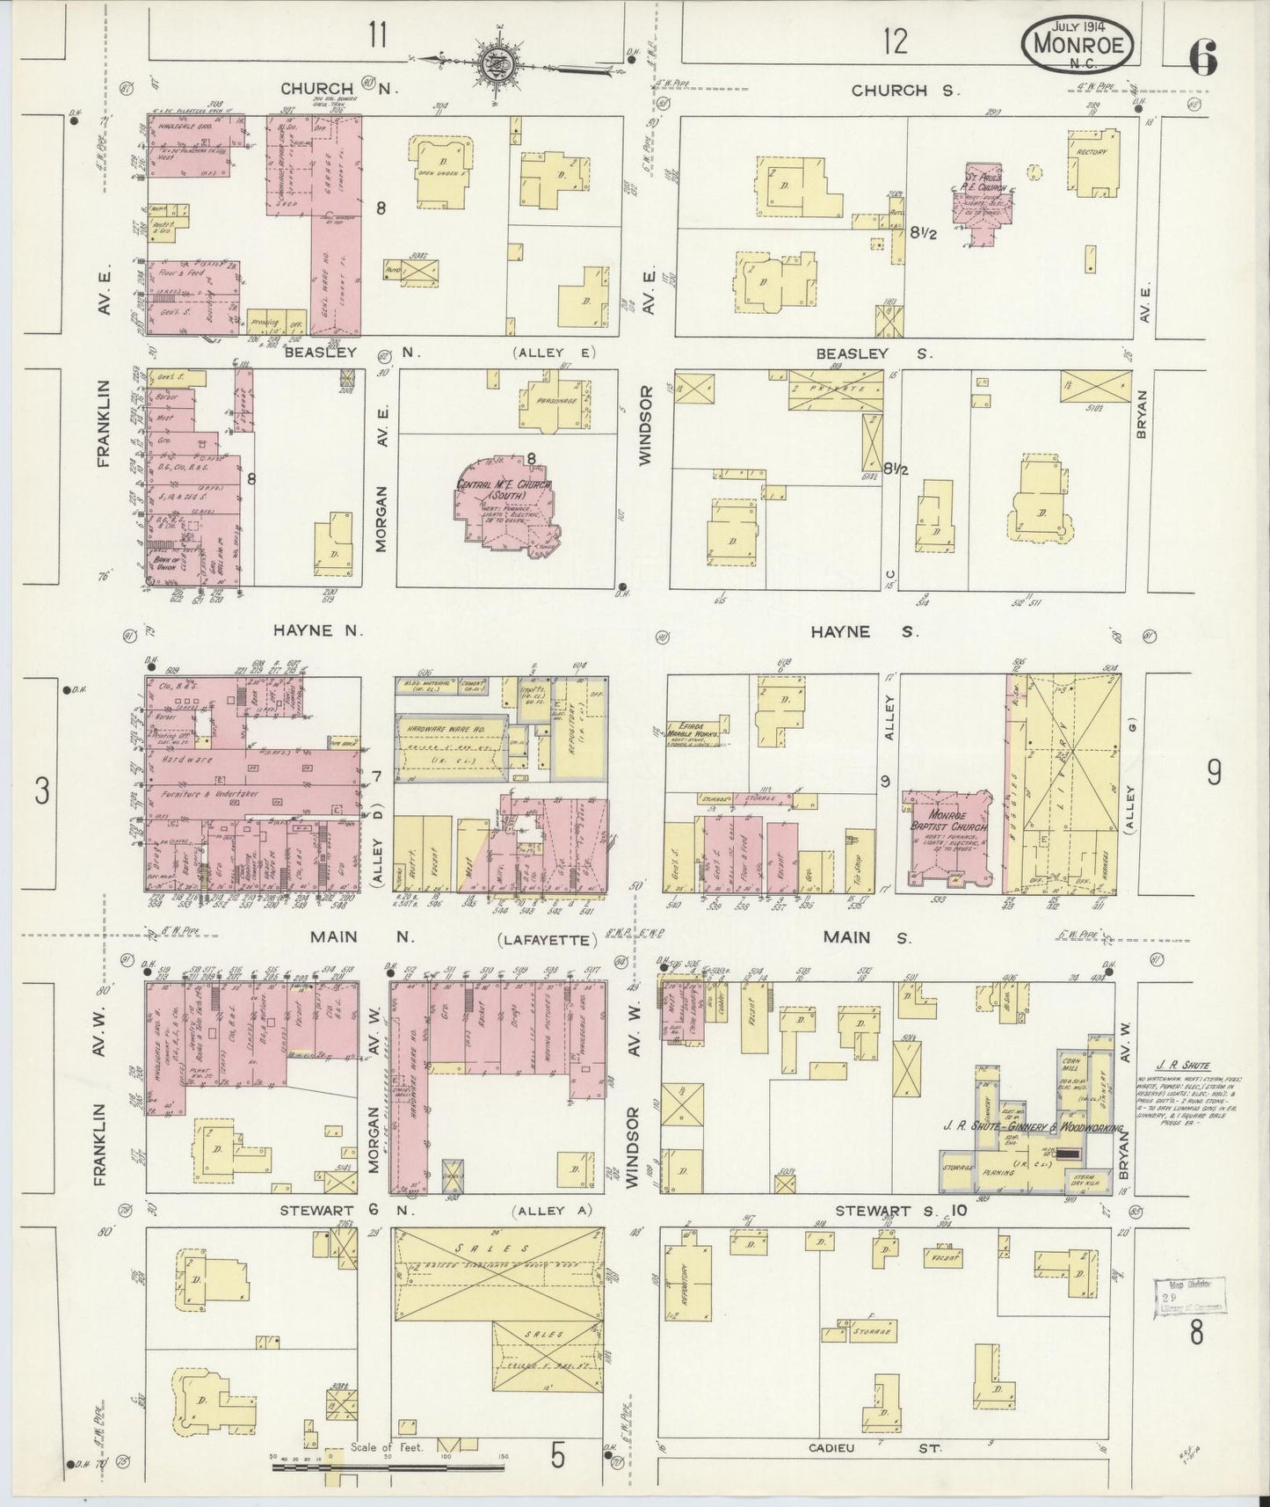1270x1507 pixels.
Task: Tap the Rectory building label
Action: pyautogui.click(x=1091, y=152)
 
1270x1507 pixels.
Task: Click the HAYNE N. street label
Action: pyautogui.click(x=317, y=630)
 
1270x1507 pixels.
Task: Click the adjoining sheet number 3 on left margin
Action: pyautogui.click(x=40, y=791)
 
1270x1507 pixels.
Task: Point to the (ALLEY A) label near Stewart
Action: pyautogui.click(x=548, y=1210)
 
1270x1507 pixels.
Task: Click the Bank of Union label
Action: pyautogui.click(x=165, y=563)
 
